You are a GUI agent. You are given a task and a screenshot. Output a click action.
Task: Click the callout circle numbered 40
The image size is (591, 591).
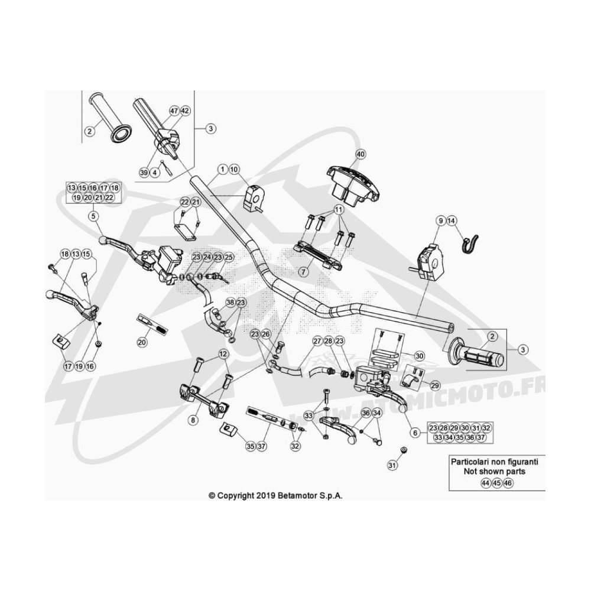pos(361,154)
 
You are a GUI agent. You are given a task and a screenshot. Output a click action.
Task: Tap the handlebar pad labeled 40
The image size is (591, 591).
pos(353,186)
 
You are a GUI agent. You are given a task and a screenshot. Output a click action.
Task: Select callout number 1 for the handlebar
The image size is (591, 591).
pos(223,169)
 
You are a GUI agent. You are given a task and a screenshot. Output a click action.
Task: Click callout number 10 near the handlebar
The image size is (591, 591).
pos(234,169)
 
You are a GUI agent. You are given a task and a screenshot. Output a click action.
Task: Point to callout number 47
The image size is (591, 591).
pos(174,111)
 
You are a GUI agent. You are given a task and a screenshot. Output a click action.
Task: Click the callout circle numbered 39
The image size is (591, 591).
pos(144,173)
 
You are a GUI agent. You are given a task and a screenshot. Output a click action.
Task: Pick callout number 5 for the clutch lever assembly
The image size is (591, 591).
pos(93,216)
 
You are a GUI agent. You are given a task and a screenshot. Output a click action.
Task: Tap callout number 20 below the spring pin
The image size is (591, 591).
pos(142,342)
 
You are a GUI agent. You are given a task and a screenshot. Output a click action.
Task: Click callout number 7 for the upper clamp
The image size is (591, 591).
pos(304,271)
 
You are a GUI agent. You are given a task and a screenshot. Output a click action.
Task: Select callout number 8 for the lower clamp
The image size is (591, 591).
pos(193,420)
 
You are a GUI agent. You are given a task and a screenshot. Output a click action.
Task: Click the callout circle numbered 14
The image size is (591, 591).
pos(452,221)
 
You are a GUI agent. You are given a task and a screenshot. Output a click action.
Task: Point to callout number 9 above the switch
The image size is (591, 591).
pos(441,221)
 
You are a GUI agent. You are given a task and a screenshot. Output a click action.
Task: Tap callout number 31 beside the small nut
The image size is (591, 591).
pos(393,466)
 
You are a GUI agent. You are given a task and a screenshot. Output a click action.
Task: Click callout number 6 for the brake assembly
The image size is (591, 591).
pos(415,433)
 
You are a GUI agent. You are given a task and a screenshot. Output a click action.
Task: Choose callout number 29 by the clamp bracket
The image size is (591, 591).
pos(435,385)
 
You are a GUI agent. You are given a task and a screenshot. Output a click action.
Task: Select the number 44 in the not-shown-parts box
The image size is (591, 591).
pos(486,483)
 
